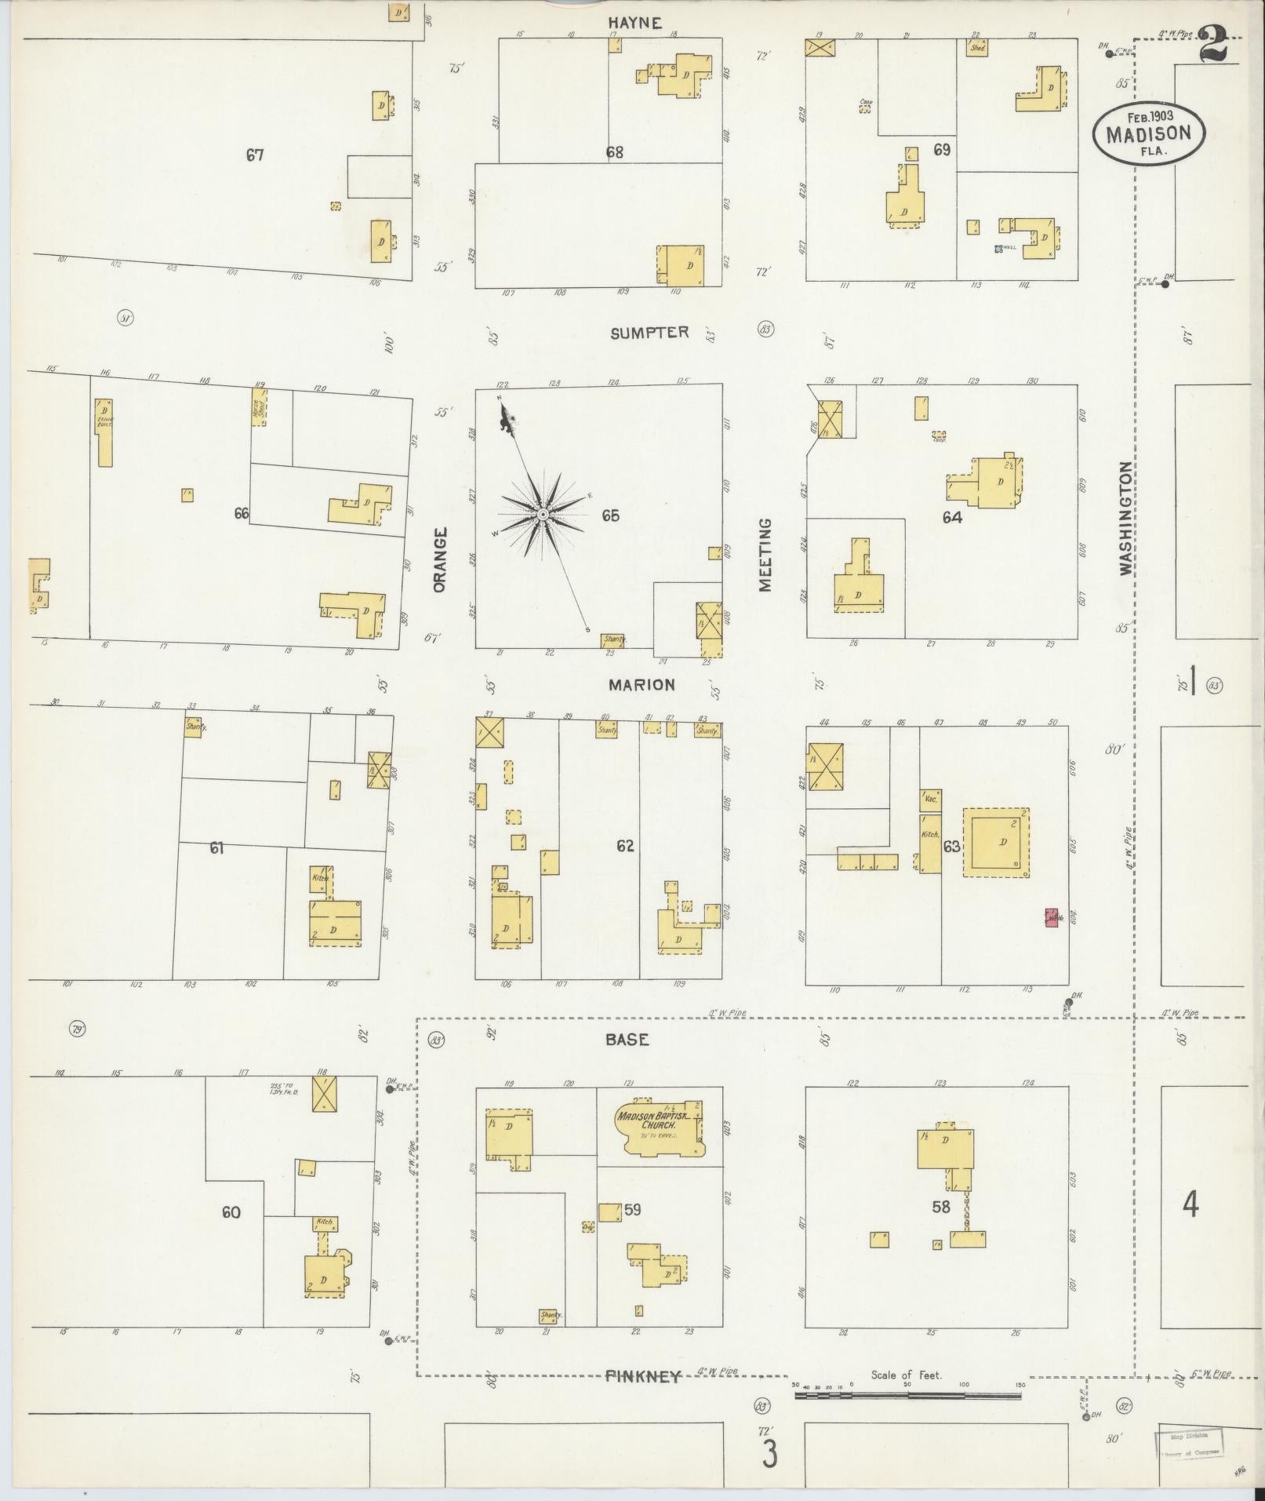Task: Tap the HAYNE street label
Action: tap(634, 23)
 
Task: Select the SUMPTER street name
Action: tap(649, 333)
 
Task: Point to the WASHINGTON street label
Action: tap(1126, 518)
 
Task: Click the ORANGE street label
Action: tap(439, 559)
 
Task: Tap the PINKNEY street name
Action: tap(643, 1375)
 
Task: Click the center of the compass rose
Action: tap(542, 514)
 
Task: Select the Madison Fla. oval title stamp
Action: tap(1149, 133)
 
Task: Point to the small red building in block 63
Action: tap(1051, 916)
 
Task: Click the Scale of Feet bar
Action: tap(907, 1396)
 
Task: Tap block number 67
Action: tap(254, 155)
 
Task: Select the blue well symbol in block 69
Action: tap(998, 249)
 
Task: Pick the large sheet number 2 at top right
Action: tap(1212, 44)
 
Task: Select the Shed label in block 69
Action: tap(976, 49)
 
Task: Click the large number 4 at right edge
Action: tap(1190, 1204)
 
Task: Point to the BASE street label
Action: tap(627, 1039)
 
